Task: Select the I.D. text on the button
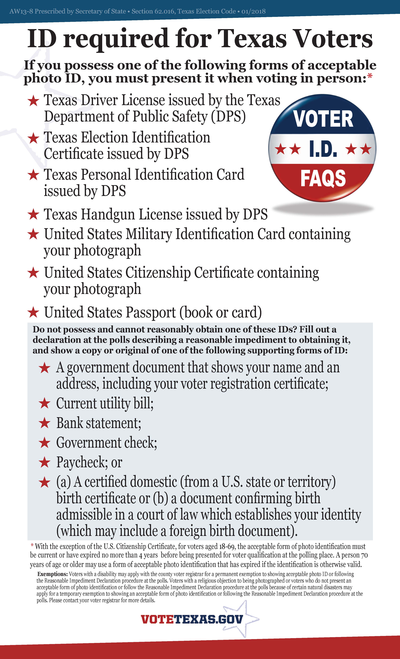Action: (323, 149)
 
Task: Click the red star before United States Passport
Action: (33, 312)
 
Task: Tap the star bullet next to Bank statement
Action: (44, 423)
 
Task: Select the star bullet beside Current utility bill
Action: (44, 403)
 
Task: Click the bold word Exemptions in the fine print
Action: (52, 574)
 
